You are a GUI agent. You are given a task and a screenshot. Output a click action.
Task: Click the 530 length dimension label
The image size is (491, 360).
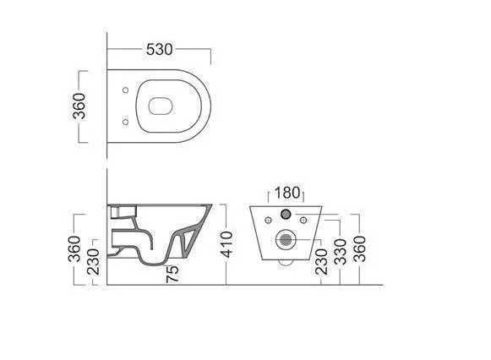click(160, 50)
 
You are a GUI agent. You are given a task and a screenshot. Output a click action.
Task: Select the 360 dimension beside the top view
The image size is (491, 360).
click(79, 106)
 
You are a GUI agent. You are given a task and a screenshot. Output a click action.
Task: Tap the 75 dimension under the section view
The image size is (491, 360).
click(172, 274)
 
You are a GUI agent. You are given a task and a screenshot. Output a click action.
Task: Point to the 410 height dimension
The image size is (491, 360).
click(226, 244)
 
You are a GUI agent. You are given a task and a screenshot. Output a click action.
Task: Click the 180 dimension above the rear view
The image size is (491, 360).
click(287, 193)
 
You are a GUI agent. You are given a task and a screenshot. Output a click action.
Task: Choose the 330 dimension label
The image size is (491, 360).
click(340, 252)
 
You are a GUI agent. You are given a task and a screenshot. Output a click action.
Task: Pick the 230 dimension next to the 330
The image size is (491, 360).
click(321, 262)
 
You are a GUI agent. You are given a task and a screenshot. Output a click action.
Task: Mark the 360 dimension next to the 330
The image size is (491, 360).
click(359, 248)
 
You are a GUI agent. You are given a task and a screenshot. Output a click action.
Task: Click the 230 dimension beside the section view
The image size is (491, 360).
click(93, 262)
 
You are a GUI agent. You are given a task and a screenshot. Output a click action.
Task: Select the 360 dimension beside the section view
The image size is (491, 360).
click(74, 248)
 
